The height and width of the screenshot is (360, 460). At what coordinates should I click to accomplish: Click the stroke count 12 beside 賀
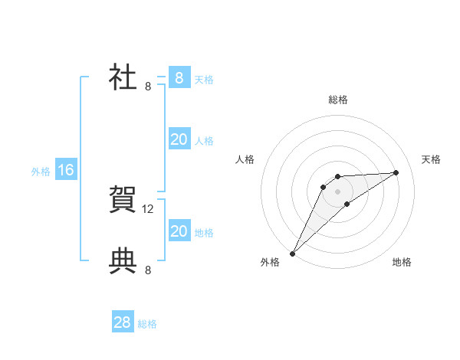coord(148,208)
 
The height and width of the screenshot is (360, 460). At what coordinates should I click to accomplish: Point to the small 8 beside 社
coord(148,87)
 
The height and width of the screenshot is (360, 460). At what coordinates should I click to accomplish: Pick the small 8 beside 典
coord(148,270)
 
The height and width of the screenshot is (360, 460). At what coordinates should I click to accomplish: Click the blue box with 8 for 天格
coord(179,77)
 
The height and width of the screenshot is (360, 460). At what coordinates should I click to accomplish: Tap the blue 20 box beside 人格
coord(179,139)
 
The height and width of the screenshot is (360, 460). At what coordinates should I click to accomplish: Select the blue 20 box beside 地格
coord(179,231)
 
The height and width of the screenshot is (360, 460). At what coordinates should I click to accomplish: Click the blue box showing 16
coord(66,170)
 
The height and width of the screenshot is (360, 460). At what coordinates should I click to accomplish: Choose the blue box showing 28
coord(123,322)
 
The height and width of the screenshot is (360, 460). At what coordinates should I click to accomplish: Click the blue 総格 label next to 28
coord(147,324)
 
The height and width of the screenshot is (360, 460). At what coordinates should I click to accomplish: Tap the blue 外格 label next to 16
coord(41,172)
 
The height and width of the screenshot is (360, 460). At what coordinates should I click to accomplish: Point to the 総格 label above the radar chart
coord(337,100)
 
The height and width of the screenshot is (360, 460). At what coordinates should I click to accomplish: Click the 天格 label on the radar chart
coord(431,159)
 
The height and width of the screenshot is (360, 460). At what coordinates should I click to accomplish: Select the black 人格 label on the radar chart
coord(245,159)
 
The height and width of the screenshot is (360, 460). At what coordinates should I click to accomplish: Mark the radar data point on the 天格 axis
coord(396,172)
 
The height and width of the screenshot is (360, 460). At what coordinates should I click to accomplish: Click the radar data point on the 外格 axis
coord(292,254)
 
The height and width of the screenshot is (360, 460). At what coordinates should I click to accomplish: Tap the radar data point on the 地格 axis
coord(347,204)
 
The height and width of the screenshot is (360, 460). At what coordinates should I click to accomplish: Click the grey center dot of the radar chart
coord(337,191)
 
